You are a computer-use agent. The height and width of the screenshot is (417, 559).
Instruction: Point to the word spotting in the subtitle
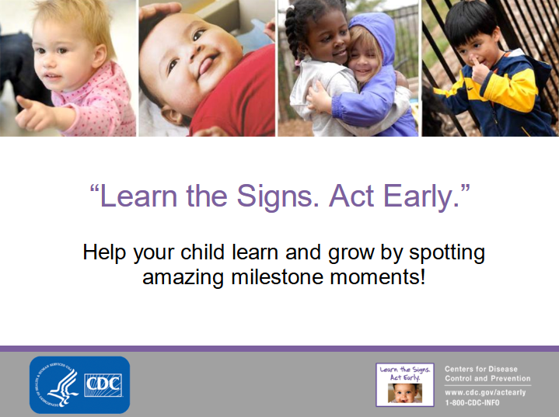[x=447, y=254]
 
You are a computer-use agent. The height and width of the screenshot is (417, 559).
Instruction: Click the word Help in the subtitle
[x=104, y=253]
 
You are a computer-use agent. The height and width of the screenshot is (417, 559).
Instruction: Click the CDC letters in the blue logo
[x=103, y=385]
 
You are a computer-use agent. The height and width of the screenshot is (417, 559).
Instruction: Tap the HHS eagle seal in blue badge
[x=57, y=384]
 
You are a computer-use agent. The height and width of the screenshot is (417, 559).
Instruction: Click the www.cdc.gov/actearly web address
[x=485, y=392]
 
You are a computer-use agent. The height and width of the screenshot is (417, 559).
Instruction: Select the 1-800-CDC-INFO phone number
[x=472, y=403]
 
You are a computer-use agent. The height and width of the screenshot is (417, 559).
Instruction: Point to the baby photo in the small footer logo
[x=405, y=393]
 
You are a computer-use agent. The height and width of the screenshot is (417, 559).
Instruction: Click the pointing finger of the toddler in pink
[x=24, y=103]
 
